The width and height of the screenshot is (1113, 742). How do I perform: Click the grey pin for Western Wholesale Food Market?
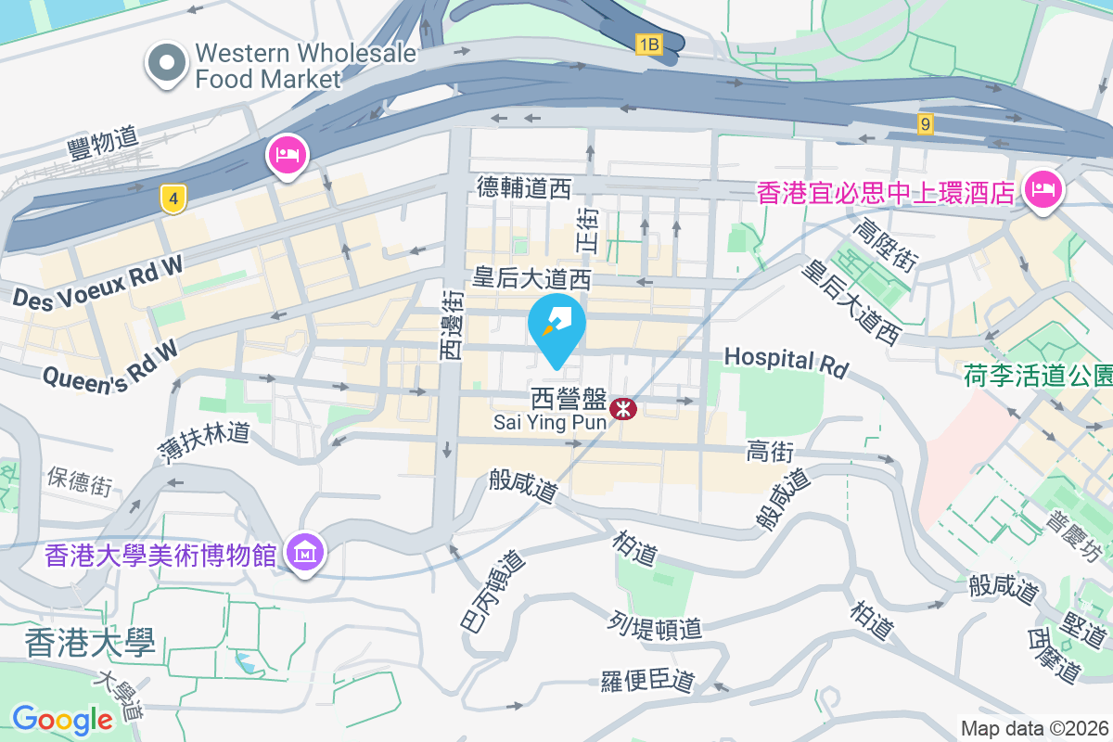pos(167,64)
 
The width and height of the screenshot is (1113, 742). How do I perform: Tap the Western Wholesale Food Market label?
pos(305,66)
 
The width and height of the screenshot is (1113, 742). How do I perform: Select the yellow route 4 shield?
pos(170,198)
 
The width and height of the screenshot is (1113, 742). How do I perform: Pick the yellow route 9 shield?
pos(925,123)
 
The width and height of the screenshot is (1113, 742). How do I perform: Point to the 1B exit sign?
pos(648,44)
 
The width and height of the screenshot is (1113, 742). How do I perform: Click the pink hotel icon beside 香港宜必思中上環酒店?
pos(1043,190)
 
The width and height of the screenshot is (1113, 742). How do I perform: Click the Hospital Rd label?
pos(786,362)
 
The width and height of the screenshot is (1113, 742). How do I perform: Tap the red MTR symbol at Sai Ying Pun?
pos(623,406)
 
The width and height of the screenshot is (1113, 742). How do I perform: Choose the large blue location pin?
pos(556,326)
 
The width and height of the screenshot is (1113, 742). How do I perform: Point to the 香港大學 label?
pos(90,642)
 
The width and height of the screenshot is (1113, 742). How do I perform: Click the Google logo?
pos(62,719)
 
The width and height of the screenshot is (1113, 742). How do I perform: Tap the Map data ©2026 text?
pos(1034,728)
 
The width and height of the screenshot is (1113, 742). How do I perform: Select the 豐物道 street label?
pos(103,143)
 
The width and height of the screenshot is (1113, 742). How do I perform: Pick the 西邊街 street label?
pos(452,325)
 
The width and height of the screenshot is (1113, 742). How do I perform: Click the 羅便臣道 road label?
pos(647,680)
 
